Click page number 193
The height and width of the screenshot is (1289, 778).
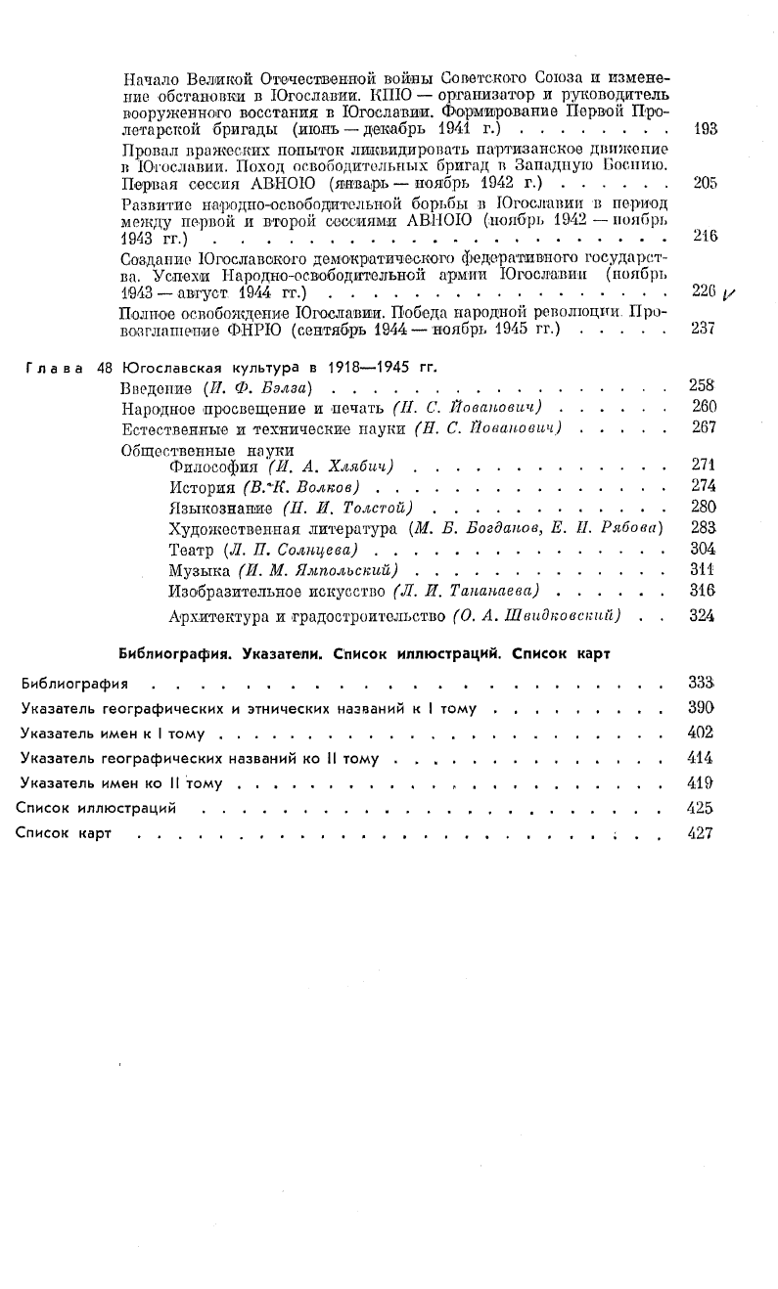(705, 128)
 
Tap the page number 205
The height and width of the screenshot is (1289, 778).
(705, 182)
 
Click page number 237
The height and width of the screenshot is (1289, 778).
(705, 329)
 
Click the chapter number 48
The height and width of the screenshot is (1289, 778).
(106, 368)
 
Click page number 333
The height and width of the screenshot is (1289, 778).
(702, 681)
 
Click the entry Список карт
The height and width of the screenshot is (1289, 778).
(66, 833)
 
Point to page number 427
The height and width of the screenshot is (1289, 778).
(702, 833)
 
